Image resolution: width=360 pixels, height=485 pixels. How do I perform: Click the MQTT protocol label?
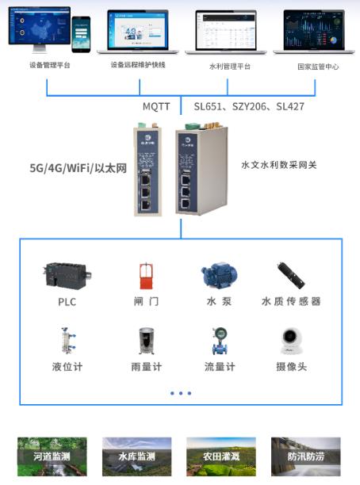click(x=156, y=105)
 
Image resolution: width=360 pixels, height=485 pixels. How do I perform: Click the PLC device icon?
click(x=67, y=276)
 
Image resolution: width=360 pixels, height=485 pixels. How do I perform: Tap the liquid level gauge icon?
click(x=67, y=341)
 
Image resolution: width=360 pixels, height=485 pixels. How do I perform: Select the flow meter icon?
click(x=218, y=341)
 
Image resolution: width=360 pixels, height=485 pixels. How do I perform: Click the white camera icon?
click(x=291, y=341)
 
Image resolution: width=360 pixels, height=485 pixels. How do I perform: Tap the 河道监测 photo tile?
click(x=52, y=456)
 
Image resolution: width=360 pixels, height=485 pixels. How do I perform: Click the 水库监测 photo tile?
click(x=137, y=456)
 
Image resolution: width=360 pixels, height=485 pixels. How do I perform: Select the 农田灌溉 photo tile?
click(x=221, y=456)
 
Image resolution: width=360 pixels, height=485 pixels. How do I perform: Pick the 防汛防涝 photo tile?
click(x=306, y=456)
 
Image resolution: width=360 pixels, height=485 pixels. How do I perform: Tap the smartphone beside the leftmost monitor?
click(x=81, y=34)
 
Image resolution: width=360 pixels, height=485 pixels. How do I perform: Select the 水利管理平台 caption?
click(x=229, y=67)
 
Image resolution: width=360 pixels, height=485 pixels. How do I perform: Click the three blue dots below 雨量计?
click(x=180, y=393)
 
